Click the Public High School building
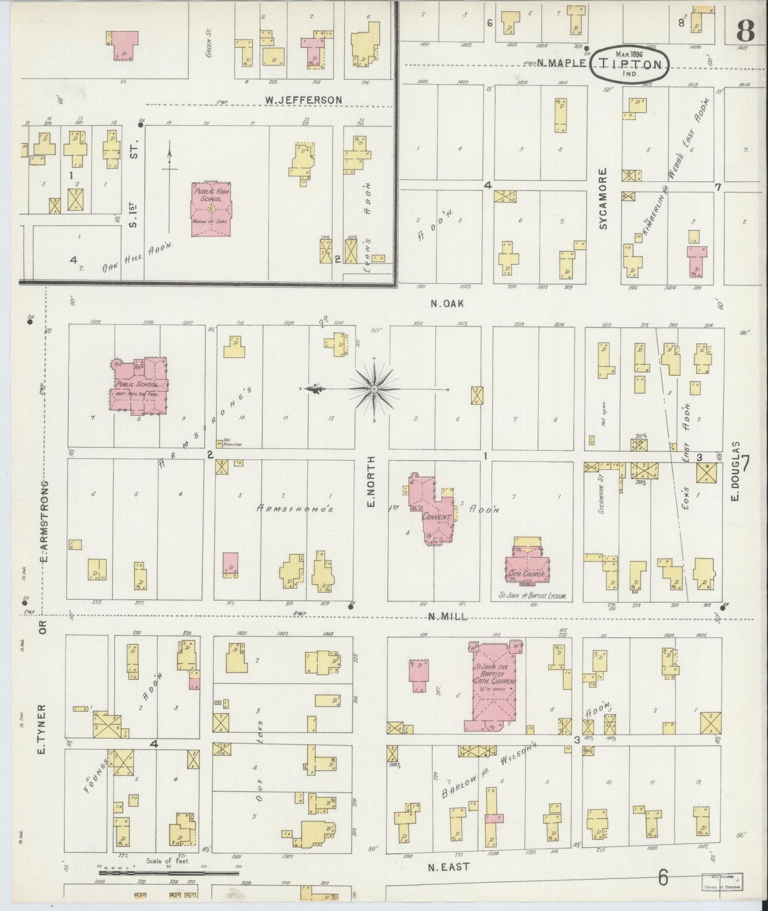coord(212,210)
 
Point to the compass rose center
coord(375,390)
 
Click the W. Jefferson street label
coord(303,99)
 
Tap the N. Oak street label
coord(447,303)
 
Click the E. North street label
coord(371,481)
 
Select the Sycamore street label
coord(603,199)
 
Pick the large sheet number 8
coord(745,33)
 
